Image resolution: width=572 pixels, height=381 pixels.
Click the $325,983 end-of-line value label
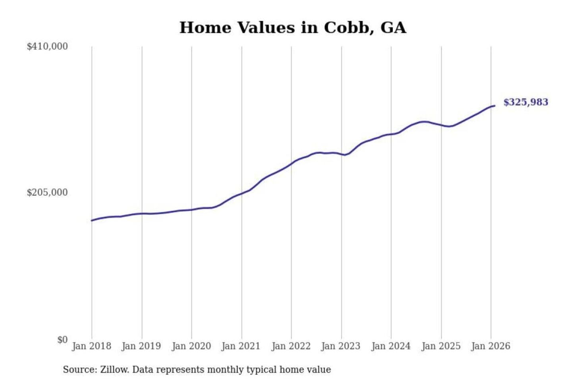(x=526, y=102)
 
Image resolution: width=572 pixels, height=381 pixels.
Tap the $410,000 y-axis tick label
(x=47, y=46)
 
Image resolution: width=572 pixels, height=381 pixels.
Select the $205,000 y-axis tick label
(x=47, y=192)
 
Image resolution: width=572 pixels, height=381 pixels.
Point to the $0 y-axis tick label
(x=62, y=340)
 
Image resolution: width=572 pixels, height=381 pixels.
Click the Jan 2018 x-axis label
(x=91, y=346)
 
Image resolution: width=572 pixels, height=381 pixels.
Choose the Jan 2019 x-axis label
(x=141, y=346)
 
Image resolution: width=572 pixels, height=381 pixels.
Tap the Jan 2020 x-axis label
(x=191, y=346)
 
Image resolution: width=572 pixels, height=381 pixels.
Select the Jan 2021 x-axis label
(x=241, y=346)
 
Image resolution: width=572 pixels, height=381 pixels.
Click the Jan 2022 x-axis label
(x=291, y=346)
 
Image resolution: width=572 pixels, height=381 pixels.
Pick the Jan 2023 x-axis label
(x=340, y=346)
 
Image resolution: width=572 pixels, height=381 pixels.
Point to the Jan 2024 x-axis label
(x=390, y=346)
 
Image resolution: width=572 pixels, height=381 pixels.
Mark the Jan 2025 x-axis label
(x=441, y=346)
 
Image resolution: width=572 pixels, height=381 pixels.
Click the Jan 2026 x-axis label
(x=490, y=346)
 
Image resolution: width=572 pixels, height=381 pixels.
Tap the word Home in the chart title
(x=205, y=28)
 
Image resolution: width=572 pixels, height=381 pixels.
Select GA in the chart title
(x=393, y=28)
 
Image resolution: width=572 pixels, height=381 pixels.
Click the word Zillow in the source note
(x=114, y=370)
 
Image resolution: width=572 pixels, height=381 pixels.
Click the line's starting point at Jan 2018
(x=92, y=221)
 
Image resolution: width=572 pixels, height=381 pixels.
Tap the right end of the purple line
(x=495, y=106)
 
